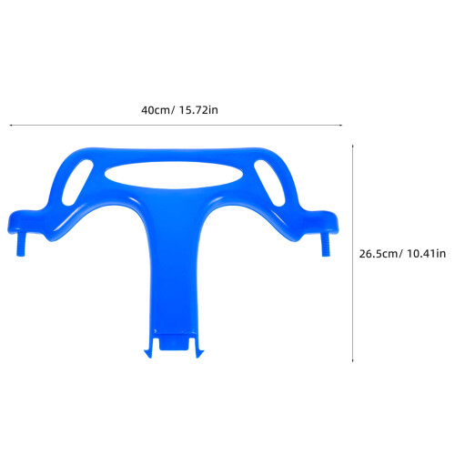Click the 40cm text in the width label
click(x=156, y=110)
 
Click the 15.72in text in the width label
click(x=198, y=110)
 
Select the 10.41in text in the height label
click(x=426, y=254)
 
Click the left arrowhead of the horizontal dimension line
click(x=11, y=125)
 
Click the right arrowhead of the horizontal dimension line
click(x=340, y=125)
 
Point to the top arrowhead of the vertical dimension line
click(x=352, y=147)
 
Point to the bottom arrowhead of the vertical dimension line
click(x=352, y=360)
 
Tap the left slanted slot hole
click(x=77, y=182)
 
